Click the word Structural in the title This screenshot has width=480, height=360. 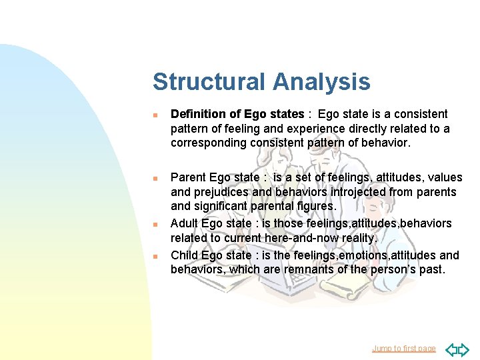pyautogui.click(x=209, y=82)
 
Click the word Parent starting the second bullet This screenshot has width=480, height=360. pyautogui.click(x=189, y=177)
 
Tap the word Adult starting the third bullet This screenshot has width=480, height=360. pyautogui.click(x=185, y=223)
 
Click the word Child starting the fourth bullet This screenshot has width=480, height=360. pyautogui.click(x=185, y=255)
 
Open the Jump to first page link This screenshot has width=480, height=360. pyautogui.click(x=404, y=348)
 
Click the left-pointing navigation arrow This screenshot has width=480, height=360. pyautogui.click(x=451, y=349)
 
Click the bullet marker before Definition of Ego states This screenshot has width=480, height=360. pyautogui.click(x=155, y=115)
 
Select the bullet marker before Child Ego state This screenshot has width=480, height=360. pyautogui.click(x=155, y=256)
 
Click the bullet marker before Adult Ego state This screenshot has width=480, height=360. pyautogui.click(x=155, y=225)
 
